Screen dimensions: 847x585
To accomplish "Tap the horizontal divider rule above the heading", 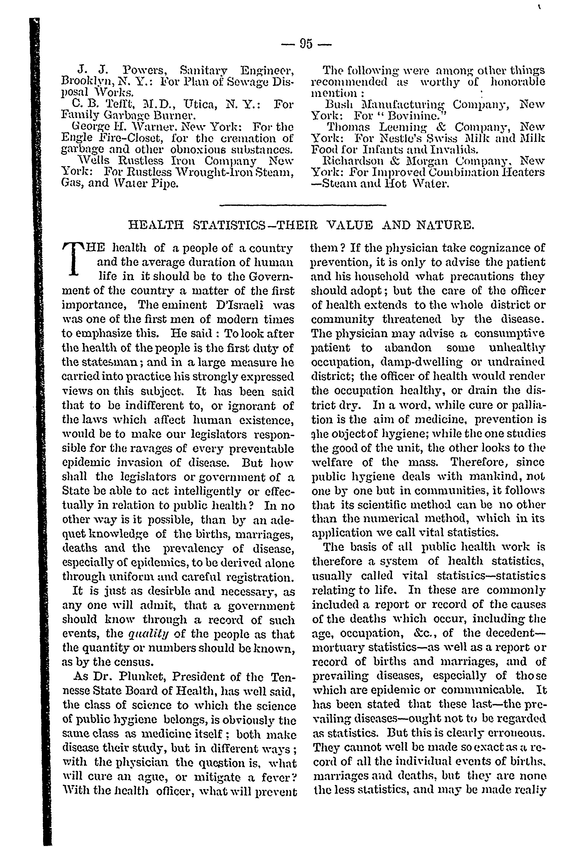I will tap(305, 205).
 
